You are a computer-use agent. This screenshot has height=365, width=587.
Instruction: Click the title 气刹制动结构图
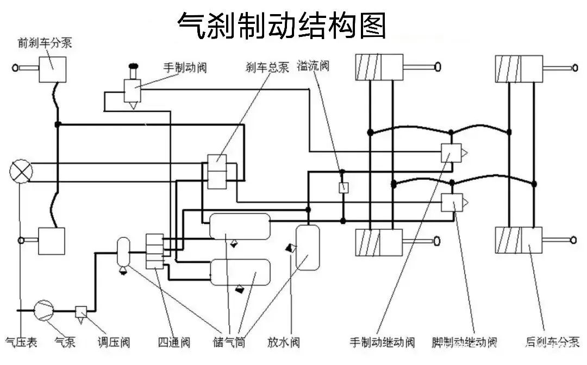[x=282, y=26]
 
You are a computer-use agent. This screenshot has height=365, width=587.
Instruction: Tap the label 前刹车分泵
[x=45, y=42]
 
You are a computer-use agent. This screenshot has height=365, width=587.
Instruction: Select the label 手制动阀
[x=185, y=68]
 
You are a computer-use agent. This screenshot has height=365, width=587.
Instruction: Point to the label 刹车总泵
[x=267, y=67]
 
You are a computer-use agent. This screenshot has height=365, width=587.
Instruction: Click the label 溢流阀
[x=314, y=66]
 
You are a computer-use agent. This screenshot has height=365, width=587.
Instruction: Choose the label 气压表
[x=21, y=342]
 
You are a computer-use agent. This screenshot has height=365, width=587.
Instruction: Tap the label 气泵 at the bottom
[x=65, y=342]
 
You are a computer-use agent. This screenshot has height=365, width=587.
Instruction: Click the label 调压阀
[x=114, y=342]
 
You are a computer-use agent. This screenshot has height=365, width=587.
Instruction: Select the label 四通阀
[x=174, y=342]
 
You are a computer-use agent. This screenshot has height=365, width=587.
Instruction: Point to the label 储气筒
[x=229, y=342]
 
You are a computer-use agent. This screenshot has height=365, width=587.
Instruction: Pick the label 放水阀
[x=284, y=342]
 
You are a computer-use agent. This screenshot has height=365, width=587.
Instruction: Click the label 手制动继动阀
[x=382, y=342]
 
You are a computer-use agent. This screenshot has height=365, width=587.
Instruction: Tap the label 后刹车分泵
[x=553, y=342]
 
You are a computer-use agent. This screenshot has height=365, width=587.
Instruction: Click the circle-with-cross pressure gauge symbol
[x=21, y=172]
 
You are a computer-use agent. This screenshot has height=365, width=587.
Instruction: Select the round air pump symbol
[x=44, y=310]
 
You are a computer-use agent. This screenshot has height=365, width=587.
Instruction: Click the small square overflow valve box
[x=344, y=187]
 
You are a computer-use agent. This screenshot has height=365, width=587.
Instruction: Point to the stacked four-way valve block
[x=154, y=251]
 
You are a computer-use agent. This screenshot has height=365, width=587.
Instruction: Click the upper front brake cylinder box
[x=53, y=70]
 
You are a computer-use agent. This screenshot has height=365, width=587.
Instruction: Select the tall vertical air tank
[x=308, y=248]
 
